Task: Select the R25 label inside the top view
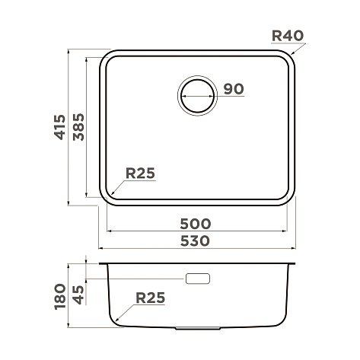pyautogui.click(x=140, y=174)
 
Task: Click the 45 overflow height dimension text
pyautogui.click(x=77, y=290)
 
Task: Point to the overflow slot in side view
pyautogui.click(x=198, y=279)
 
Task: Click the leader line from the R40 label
pyautogui.click(x=298, y=49)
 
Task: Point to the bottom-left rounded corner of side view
pyautogui.click(x=114, y=323)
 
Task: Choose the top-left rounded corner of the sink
pyautogui.click(x=106, y=57)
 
